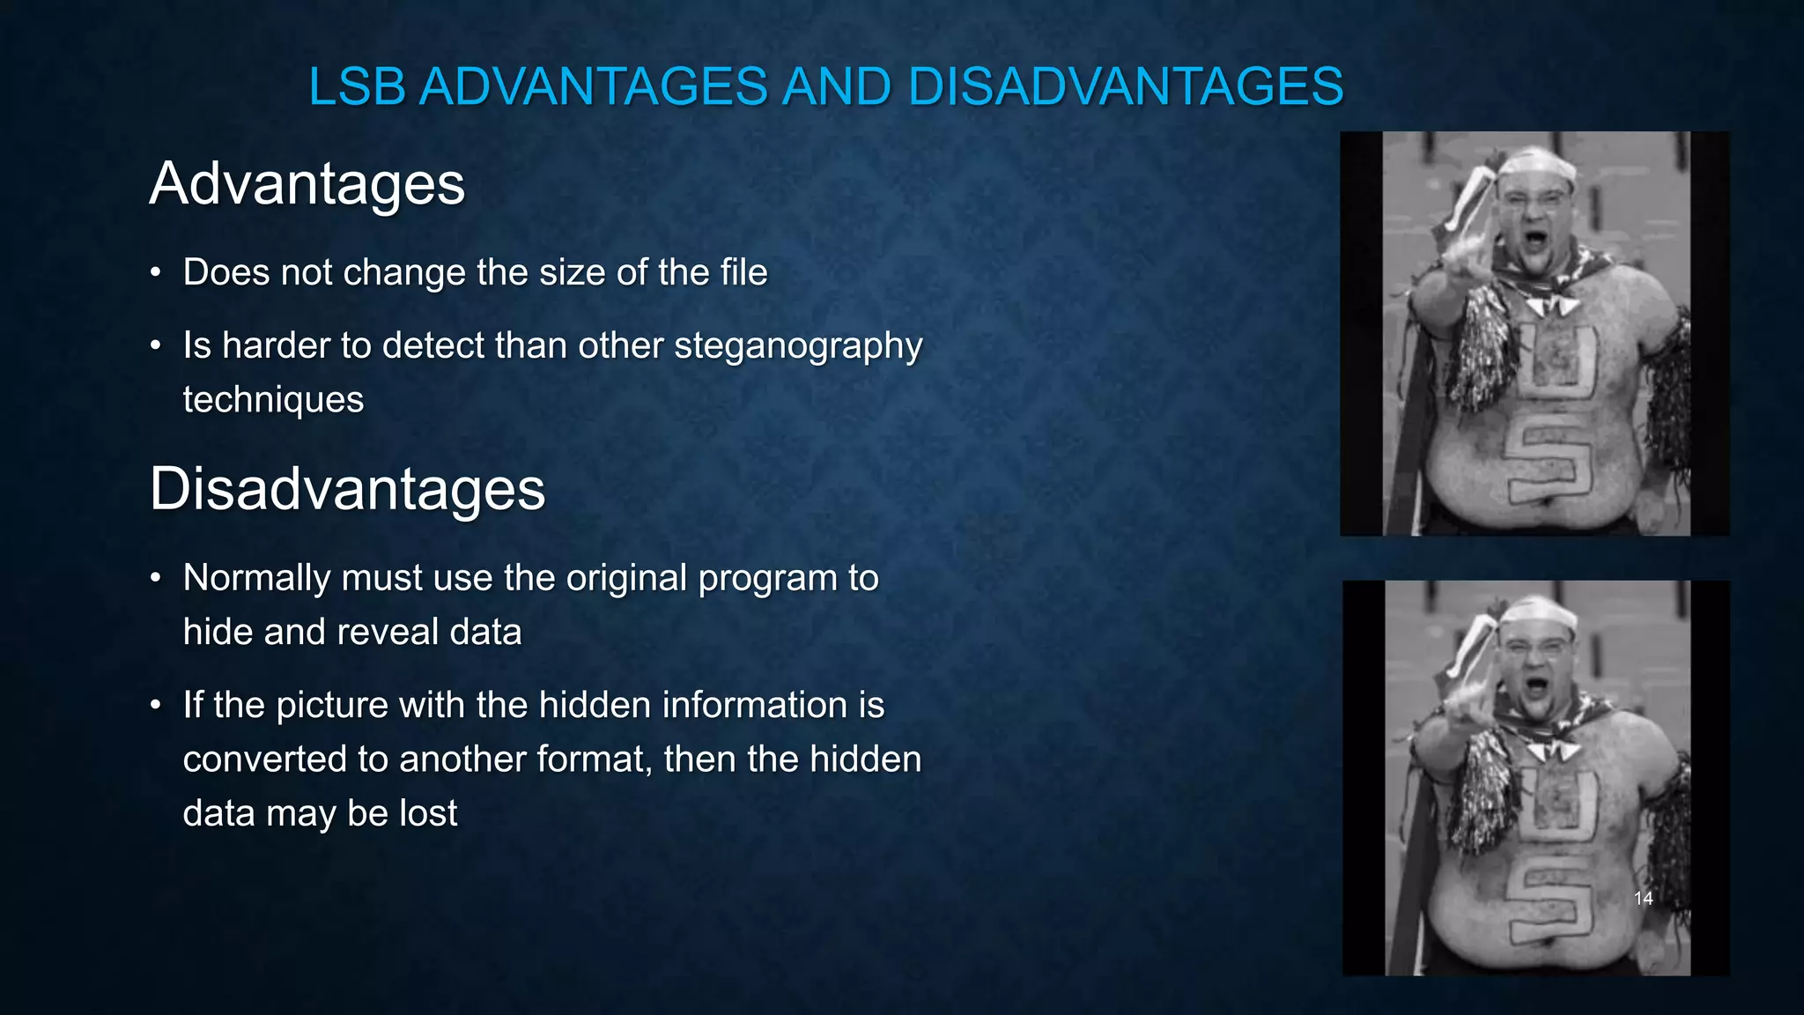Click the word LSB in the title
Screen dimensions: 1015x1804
[x=357, y=87]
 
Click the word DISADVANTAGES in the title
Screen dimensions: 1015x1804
[x=1125, y=87]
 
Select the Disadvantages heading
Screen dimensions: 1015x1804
[x=347, y=489]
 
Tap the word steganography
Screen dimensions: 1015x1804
[x=798, y=345]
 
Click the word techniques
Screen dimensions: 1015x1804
[x=273, y=400]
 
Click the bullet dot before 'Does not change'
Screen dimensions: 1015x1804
[x=155, y=273]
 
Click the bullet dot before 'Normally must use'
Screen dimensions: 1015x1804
[x=155, y=579]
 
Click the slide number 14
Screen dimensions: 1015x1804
[x=1643, y=899]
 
